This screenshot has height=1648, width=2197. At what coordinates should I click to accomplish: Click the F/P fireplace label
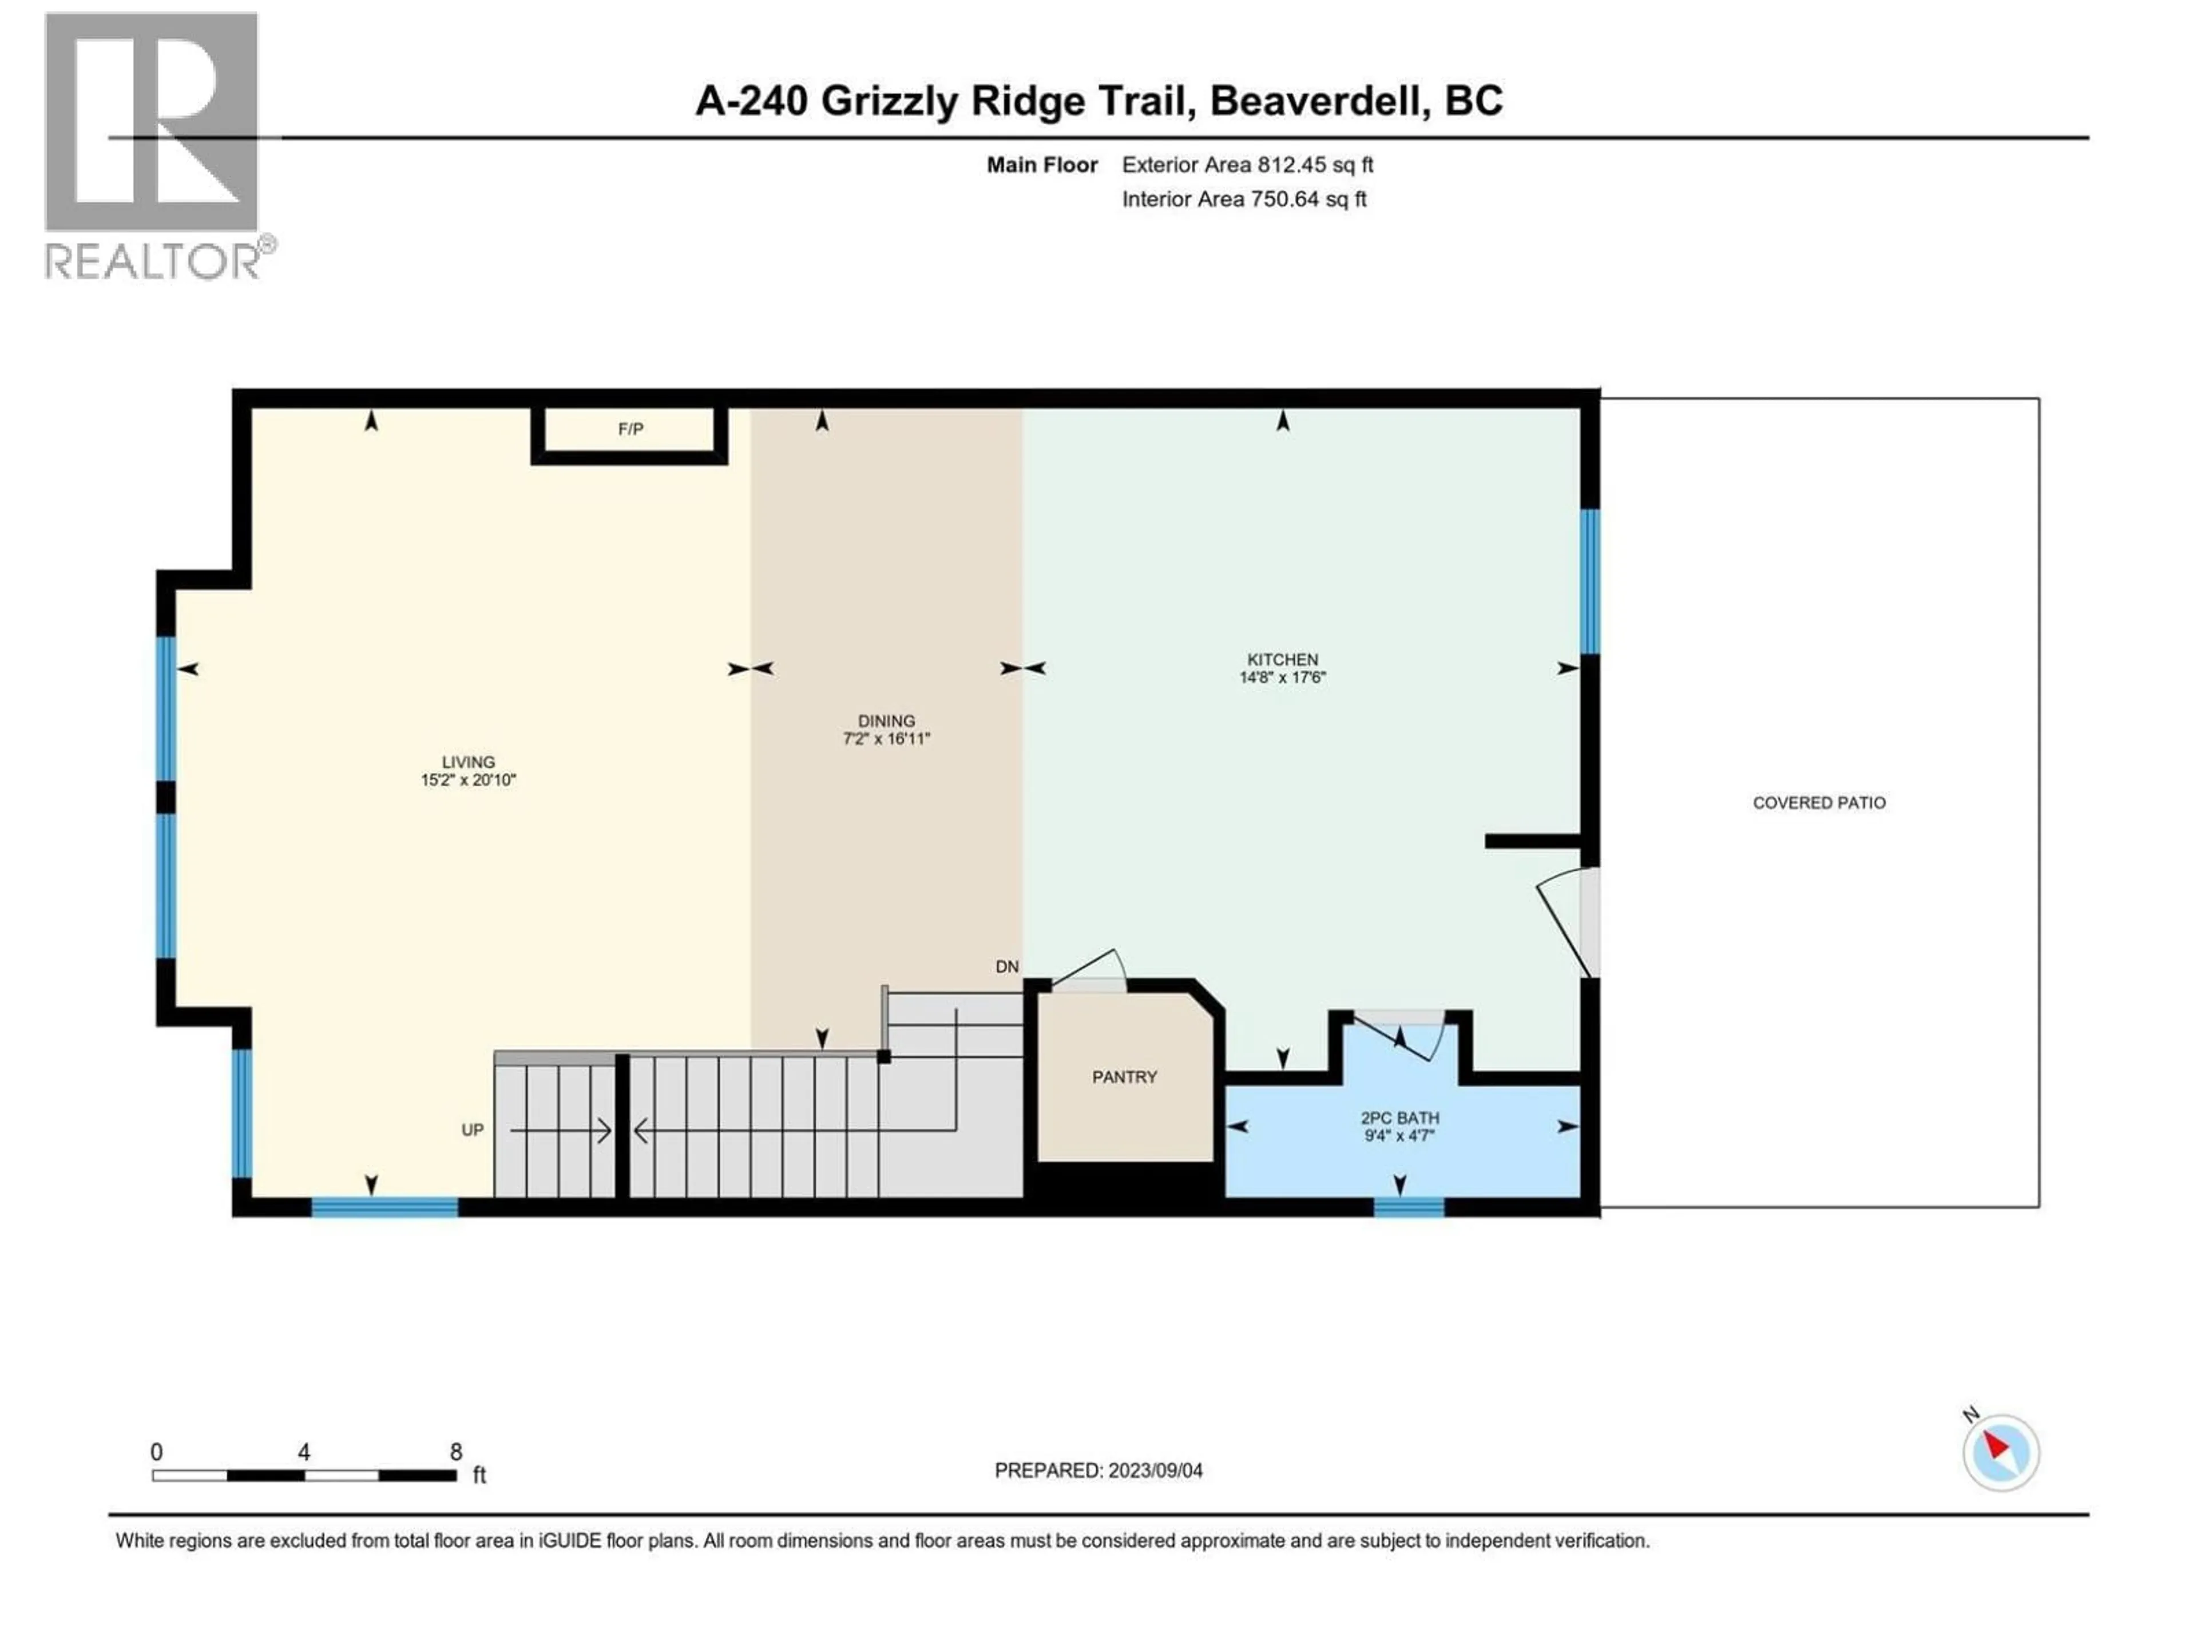(x=630, y=429)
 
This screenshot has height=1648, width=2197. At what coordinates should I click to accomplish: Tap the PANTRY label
(x=1124, y=1077)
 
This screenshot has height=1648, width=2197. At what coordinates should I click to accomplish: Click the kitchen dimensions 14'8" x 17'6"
(x=1282, y=678)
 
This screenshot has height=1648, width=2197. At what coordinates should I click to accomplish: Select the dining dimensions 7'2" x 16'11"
(x=886, y=738)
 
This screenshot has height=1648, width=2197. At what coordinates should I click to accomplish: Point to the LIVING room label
(x=468, y=762)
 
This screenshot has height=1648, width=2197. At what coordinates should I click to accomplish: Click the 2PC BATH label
(x=1399, y=1118)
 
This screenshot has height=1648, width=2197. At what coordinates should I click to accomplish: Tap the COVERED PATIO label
(x=1819, y=803)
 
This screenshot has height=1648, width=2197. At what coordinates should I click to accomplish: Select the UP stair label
(x=472, y=1130)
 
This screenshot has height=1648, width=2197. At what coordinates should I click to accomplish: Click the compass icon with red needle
(x=2000, y=1452)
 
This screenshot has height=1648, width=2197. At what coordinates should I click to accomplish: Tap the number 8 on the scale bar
(x=456, y=1451)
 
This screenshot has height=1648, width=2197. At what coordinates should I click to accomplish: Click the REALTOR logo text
(x=154, y=262)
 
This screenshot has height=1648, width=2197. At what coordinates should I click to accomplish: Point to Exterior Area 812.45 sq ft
(x=1247, y=165)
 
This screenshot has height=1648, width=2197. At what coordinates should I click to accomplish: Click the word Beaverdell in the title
(x=1319, y=100)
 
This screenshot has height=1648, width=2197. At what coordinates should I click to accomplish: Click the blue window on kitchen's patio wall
(x=1589, y=581)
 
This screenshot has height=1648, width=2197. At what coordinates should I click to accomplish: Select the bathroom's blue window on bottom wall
(x=1409, y=1207)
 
